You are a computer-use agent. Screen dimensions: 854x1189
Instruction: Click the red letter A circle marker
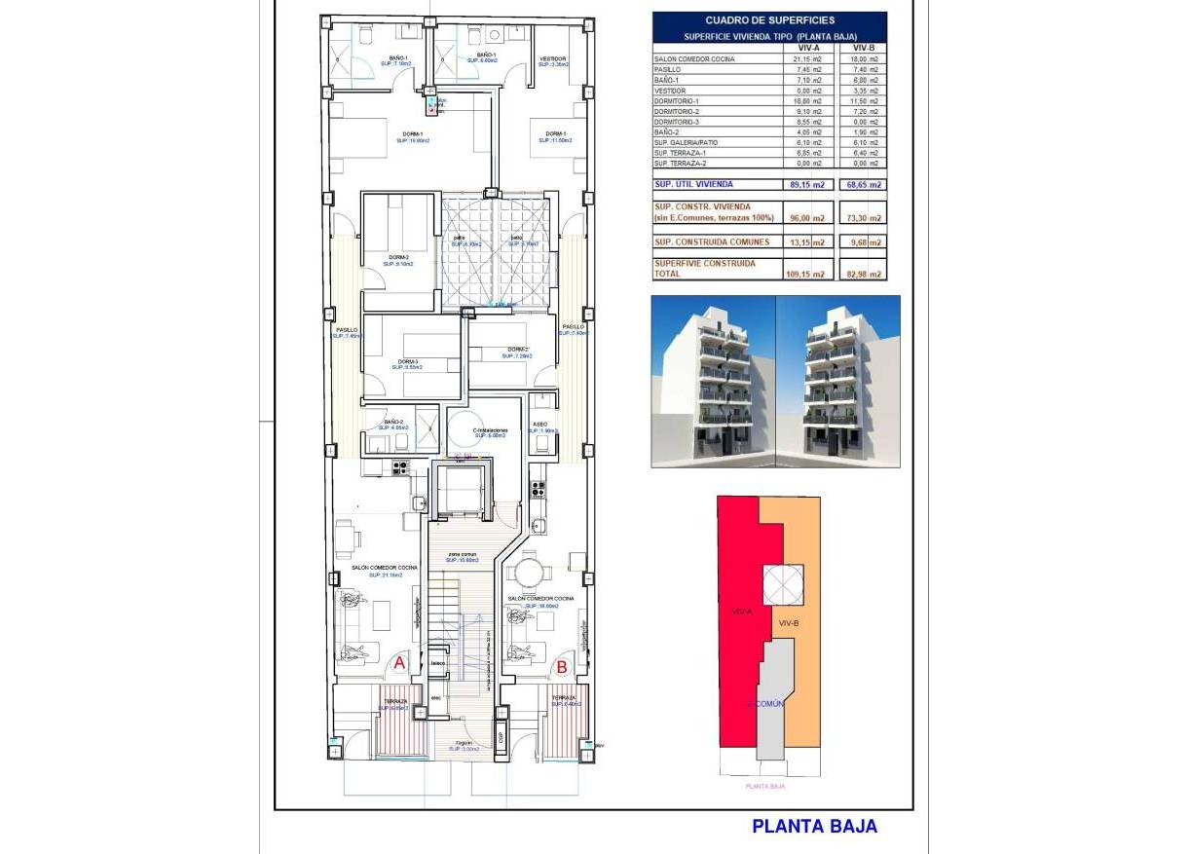pyautogui.click(x=398, y=664)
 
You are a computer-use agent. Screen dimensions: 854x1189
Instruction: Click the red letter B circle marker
pyautogui.click(x=562, y=667)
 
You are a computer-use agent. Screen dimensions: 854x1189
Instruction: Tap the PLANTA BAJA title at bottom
pyautogui.click(x=814, y=826)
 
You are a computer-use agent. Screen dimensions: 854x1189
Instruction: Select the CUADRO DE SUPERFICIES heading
pyautogui.click(x=769, y=19)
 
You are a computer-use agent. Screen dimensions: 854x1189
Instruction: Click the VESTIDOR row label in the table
pyautogui.click(x=670, y=91)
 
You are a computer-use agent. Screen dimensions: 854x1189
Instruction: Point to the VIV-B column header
pyautogui.click(x=863, y=47)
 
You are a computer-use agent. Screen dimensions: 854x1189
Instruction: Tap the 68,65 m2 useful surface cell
pyautogui.click(x=863, y=184)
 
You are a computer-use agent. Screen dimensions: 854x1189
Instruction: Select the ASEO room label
pyautogui.click(x=540, y=425)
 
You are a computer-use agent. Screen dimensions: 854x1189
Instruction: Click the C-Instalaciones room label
pyautogui.click(x=490, y=429)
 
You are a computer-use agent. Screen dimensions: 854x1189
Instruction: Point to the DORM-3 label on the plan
pyautogui.click(x=407, y=361)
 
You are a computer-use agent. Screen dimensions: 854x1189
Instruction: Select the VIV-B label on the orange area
pyautogui.click(x=789, y=622)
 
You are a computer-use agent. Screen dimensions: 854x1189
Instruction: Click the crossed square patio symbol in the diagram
pyautogui.click(x=782, y=584)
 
